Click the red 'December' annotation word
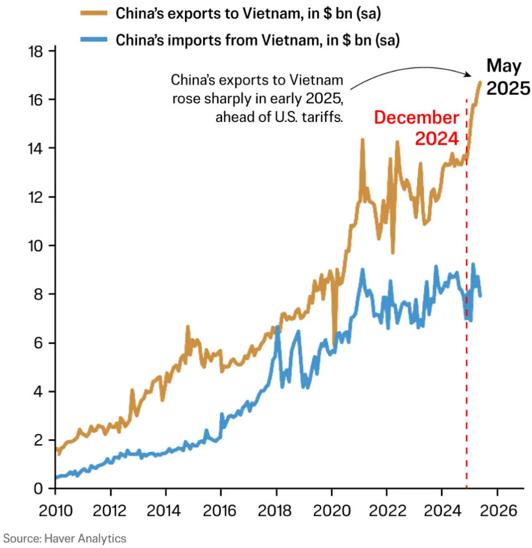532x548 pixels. [416, 118]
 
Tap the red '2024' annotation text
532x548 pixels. [437, 139]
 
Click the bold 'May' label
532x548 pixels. [504, 66]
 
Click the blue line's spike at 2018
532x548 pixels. [278, 328]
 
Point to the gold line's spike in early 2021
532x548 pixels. [362, 140]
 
